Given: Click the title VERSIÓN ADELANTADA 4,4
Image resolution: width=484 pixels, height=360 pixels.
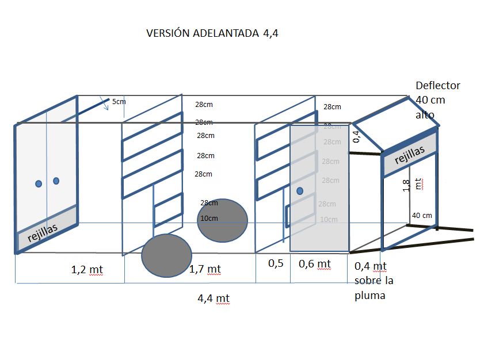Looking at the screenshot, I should pos(212,33).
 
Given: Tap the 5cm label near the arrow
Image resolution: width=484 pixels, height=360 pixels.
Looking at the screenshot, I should pos(119,102).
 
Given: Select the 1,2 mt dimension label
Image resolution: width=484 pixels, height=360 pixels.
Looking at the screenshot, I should pos(87,269).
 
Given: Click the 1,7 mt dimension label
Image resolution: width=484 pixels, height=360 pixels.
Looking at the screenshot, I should pos(205,269).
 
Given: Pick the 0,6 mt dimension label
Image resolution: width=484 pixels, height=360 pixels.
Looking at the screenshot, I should pos(315,264).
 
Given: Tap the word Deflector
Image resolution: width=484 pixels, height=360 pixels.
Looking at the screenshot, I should pos(438,86).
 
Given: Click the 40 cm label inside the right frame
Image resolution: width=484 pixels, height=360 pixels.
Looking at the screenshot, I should pos(422,216).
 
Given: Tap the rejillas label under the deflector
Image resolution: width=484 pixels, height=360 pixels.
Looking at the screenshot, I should pos(410,155).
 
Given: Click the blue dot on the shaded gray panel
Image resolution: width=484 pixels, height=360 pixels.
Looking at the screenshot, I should pos(300,191).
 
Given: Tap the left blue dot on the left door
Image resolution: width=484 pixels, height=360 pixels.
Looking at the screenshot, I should pos(39,183).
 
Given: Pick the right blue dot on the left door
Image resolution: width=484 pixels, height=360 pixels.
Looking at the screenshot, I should pos(56,181).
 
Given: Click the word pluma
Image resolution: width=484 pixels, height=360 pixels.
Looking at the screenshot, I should pos(369,296).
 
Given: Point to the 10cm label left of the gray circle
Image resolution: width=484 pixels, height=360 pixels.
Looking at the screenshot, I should pos(209,219).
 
